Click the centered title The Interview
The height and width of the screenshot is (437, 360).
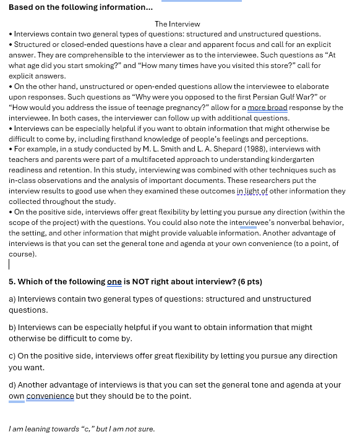pos(178,24)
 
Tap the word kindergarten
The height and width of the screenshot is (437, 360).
pos(307,159)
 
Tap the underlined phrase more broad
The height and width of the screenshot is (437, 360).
pos(268,108)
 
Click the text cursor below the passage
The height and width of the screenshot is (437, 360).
pos(9,265)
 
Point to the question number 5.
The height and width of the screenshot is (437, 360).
pos(12,282)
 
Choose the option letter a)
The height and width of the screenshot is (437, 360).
pos(12,299)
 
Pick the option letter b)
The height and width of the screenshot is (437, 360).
pos(12,327)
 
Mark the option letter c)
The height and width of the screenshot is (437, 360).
pos(12,356)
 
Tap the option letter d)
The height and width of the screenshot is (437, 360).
pos(12,384)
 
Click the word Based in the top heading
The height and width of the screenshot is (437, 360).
pos(22,7)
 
